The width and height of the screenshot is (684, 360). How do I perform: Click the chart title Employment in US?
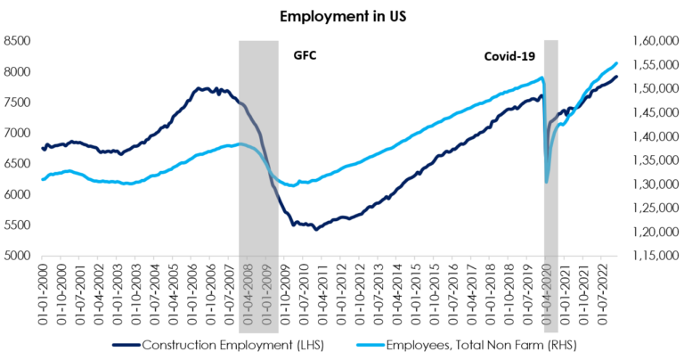click(341, 16)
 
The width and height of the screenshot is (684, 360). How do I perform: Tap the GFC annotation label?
click(305, 55)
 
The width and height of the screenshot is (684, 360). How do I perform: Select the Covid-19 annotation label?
click(509, 55)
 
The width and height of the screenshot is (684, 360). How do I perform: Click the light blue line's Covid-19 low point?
click(546, 183)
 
